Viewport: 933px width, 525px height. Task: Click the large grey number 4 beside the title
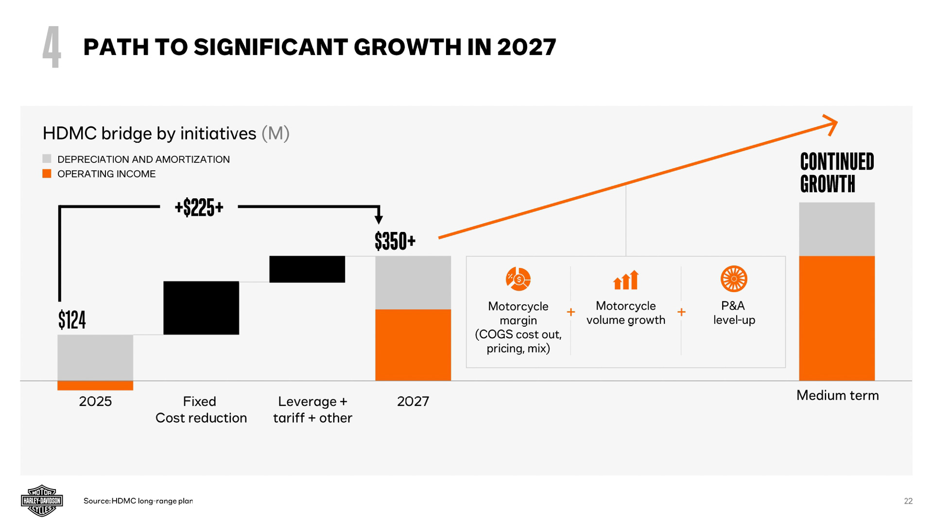pos(52,47)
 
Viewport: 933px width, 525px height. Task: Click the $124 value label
pos(72,320)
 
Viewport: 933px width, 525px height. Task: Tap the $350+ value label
pos(395,241)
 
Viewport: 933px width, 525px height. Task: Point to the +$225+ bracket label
pos(199,208)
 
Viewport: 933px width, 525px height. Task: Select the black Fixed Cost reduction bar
pos(201,308)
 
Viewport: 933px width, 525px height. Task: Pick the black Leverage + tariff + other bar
pos(307,269)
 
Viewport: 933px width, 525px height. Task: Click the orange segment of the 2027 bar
pos(413,345)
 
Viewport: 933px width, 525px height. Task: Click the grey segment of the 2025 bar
pos(95,357)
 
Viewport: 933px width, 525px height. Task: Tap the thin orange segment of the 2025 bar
pos(95,385)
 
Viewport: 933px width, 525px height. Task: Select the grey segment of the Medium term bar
pos(837,229)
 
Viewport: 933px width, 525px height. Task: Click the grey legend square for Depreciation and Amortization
pos(47,158)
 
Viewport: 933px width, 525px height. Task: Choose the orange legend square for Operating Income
pos(47,174)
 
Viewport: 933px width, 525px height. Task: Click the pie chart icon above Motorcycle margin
pos(518,279)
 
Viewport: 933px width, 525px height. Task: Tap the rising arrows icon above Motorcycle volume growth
pos(626,280)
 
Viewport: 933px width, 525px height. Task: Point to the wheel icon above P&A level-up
pos(734,279)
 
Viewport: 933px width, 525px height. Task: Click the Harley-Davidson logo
pos(42,501)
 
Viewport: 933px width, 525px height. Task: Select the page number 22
pos(908,501)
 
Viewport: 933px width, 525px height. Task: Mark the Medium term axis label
pos(837,395)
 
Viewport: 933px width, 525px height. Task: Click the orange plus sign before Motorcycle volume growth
pos(571,312)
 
